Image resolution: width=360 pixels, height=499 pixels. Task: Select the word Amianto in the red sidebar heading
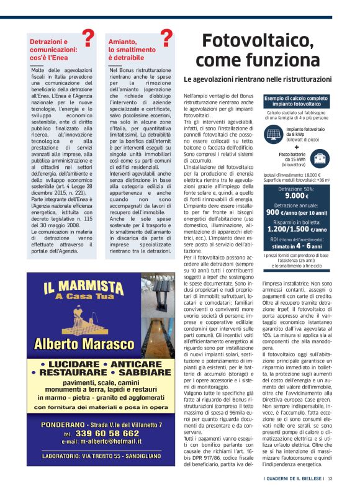pos(122,41)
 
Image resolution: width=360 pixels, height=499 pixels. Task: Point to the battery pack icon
pos(321,158)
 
